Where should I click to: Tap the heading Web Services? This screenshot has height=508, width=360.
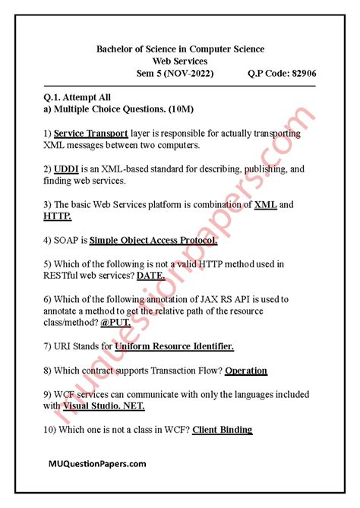point(180,61)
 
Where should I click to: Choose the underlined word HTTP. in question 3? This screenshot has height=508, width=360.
point(58,216)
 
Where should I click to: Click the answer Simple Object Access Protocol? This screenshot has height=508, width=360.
point(153,241)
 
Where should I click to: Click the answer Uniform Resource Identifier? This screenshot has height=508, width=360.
point(174,347)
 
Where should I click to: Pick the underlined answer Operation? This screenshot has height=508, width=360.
point(246,371)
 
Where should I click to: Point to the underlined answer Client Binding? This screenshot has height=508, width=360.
point(222,430)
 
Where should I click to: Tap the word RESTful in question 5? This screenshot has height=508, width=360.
point(64,276)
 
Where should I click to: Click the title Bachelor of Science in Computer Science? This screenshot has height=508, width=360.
point(180,49)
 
